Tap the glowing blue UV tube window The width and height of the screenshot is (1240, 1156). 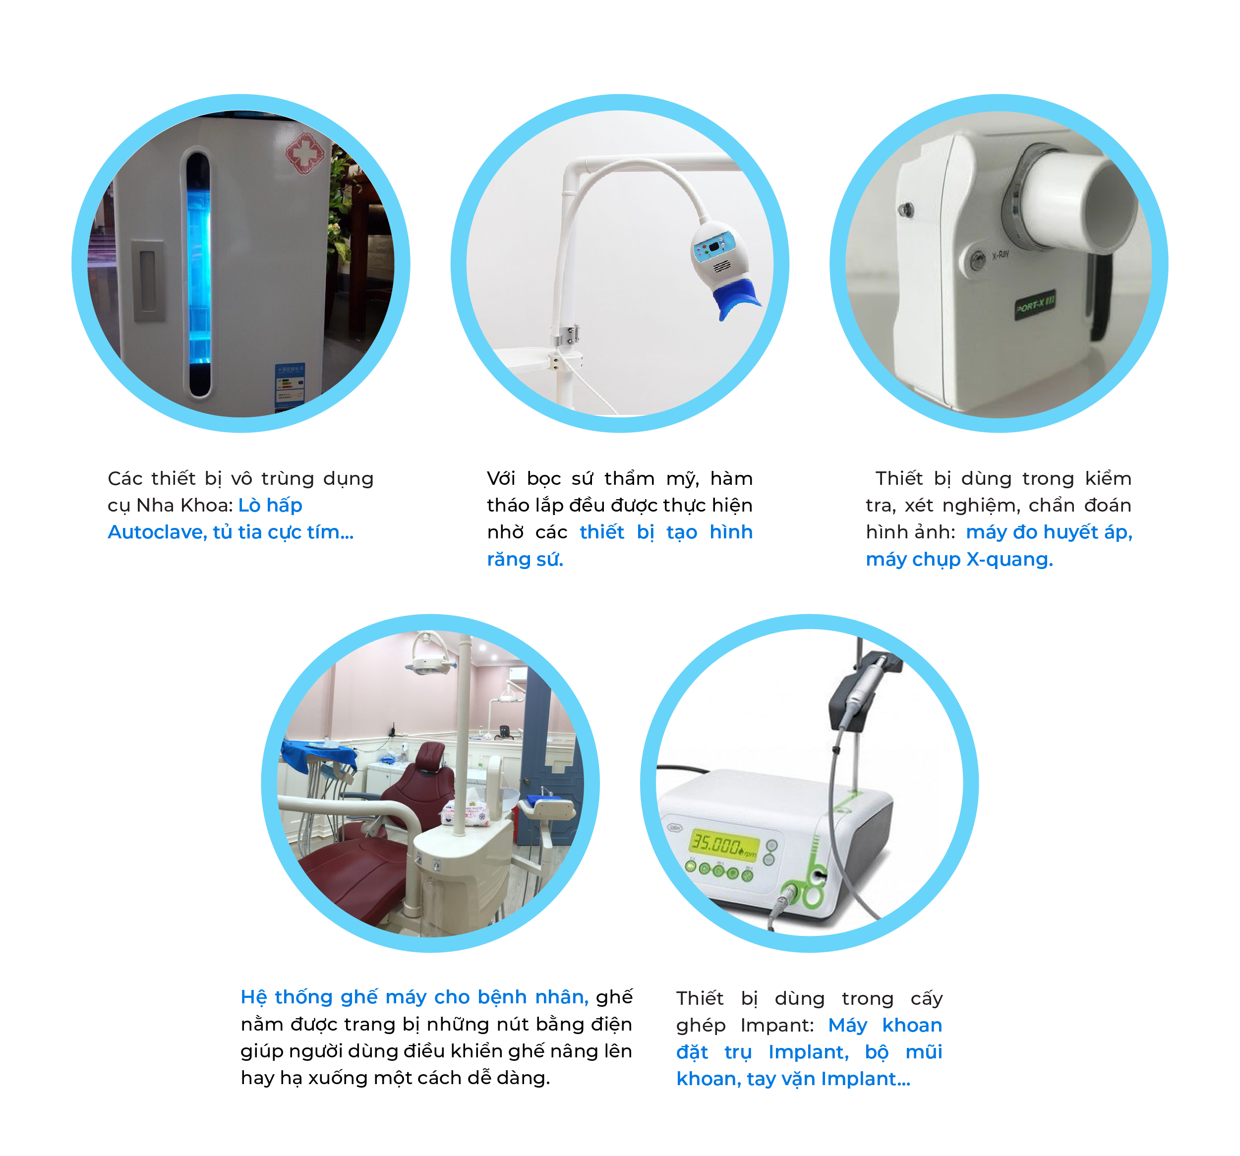point(199,274)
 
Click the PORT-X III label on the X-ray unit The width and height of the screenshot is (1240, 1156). point(1035,305)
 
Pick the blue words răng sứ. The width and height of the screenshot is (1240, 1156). point(525,559)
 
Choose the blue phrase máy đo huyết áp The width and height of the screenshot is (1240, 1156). point(1049,532)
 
